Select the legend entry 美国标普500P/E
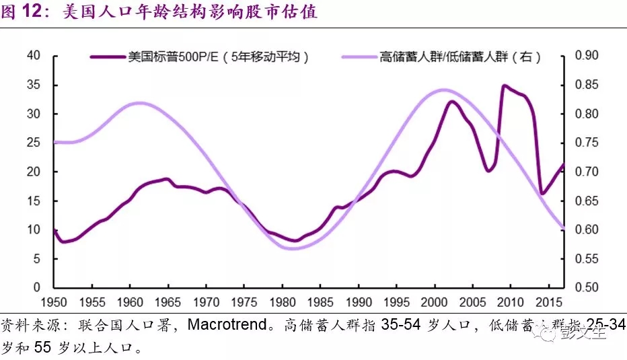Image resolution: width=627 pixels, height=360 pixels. [219, 57]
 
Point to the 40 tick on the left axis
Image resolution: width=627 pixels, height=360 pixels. [34, 56]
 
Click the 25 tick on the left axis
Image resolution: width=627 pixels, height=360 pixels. [34, 143]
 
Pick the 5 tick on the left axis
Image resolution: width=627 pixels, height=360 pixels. [37, 258]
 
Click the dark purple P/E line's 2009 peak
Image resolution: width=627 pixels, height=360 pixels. [503, 86]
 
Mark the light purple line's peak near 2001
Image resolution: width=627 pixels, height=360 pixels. [445, 89]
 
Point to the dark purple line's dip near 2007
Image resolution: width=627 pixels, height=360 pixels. [489, 171]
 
